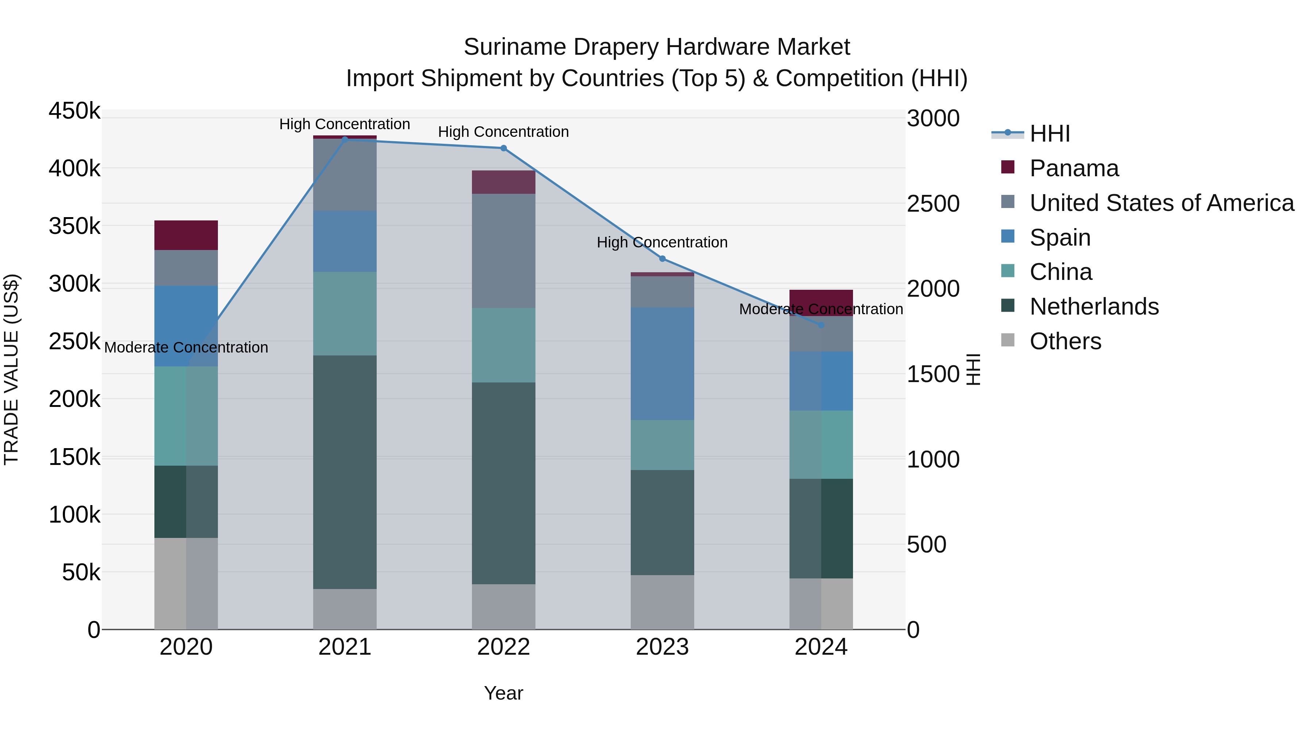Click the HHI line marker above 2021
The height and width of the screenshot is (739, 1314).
[345, 139]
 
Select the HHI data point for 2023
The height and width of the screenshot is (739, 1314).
[662, 259]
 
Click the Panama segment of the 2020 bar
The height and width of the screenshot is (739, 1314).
[186, 235]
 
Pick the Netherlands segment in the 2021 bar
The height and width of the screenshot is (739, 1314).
[345, 472]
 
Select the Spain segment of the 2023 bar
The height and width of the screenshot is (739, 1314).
[662, 363]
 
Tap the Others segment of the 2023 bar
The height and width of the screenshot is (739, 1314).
[662, 602]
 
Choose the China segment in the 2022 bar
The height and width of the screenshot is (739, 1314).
[503, 345]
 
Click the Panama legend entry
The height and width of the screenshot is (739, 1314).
[1074, 168]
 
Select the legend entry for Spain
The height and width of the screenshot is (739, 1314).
[1060, 238]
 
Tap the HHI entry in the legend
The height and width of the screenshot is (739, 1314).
[1049, 134]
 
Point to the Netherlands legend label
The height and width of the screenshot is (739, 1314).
[1094, 307]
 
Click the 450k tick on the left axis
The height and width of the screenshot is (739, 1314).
[74, 111]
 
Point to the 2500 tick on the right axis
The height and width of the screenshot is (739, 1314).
[933, 204]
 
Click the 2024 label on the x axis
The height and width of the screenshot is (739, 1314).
[821, 647]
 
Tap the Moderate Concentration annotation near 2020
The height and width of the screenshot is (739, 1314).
[186, 347]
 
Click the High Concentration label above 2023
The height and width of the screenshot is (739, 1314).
[662, 242]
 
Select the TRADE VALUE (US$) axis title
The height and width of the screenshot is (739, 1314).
[11, 369]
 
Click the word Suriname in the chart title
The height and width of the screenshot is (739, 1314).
[515, 47]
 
